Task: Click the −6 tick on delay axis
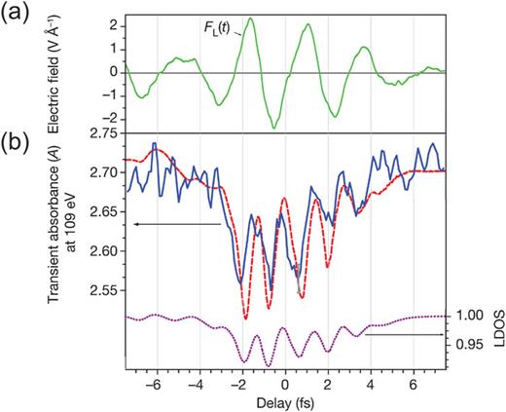tap(153, 381)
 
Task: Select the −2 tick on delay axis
tap(238, 381)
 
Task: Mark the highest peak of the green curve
tap(251, 18)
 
